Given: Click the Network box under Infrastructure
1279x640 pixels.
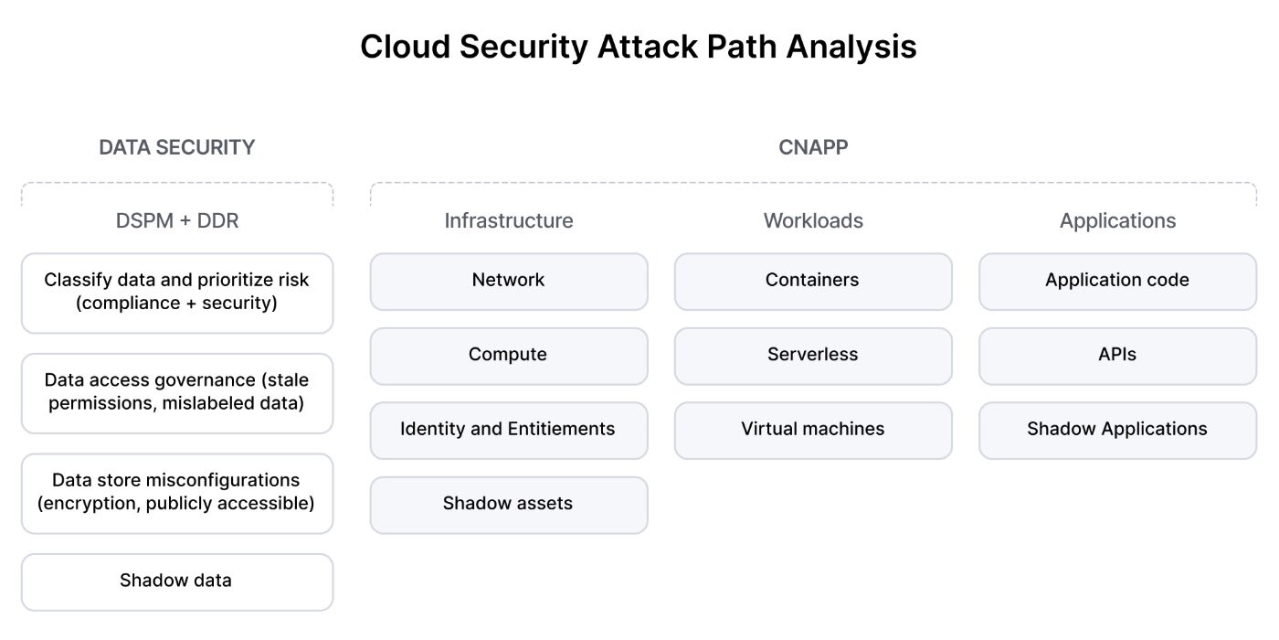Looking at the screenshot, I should point(508,281).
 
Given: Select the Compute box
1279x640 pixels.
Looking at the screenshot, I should point(508,355).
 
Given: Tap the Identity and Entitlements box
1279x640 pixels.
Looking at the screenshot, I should point(508,430).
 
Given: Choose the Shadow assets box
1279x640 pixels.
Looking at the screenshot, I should point(508,504).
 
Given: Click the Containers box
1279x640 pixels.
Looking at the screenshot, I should point(812,281).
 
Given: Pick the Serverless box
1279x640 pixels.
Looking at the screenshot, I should point(812,355).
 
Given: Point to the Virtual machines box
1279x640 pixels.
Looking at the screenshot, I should point(812,430).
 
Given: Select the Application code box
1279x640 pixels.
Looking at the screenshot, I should point(1117,281).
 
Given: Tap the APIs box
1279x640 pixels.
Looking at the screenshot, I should point(1117,355).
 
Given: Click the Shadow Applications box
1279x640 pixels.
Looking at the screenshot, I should point(1117,430).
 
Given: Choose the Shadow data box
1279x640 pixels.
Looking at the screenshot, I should point(176,581).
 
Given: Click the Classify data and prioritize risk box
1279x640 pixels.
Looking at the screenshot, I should point(176,292).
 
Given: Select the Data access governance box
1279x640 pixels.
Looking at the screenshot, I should point(176,391).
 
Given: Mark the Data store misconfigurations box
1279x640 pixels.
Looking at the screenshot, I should point(176,492).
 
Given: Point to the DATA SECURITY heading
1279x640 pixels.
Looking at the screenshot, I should point(176,147).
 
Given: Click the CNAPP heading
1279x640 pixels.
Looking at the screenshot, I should point(813,147).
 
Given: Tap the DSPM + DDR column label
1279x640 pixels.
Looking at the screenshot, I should point(176,221).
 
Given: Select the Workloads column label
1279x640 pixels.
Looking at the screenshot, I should point(813,221).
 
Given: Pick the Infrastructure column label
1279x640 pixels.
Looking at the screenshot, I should point(509,221).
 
